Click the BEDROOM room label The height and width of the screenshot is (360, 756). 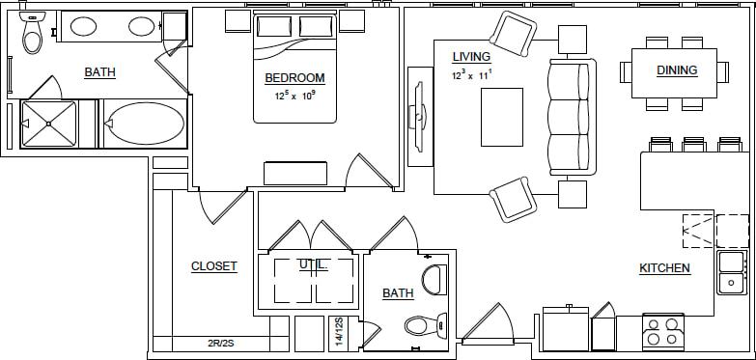coord(294,78)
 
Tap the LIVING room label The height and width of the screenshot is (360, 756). coord(471,57)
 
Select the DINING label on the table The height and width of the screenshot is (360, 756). coord(677,70)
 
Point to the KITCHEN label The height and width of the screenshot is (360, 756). coord(664,268)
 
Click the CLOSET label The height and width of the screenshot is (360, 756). coord(213,266)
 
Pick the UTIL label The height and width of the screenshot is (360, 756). coord(313,264)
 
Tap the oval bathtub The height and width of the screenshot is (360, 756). coord(145,124)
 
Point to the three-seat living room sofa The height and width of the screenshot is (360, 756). coord(569,116)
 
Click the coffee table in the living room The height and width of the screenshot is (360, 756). coord(502,116)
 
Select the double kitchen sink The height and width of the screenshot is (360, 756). coord(731,271)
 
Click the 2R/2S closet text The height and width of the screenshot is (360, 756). coord(222,343)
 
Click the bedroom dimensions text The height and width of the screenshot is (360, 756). coord(295,96)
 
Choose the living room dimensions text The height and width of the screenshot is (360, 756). coord(472,73)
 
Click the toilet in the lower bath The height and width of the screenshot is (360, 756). coord(423,324)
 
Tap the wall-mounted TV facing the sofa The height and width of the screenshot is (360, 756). coord(418,116)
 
